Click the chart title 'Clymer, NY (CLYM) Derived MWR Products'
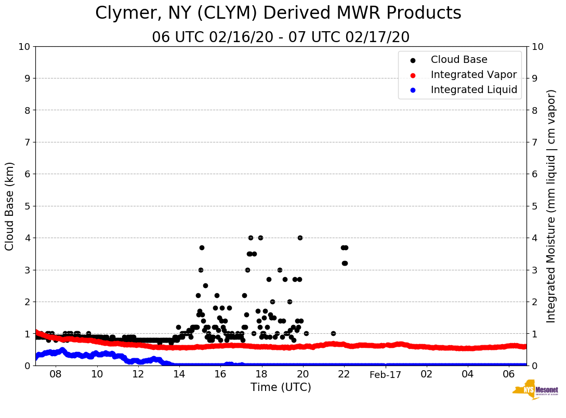coord(278,14)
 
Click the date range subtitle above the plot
coord(281,37)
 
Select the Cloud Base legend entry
coord(459,60)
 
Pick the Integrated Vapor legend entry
coord(473,75)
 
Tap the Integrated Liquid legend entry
coord(473,90)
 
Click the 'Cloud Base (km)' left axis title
coord(10,206)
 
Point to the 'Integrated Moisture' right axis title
coord(551,206)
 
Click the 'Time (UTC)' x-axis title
coord(281,387)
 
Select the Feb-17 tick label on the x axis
coord(385,375)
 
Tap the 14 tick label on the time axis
coord(179,374)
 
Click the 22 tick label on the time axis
coord(344,374)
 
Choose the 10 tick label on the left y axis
coord(24,47)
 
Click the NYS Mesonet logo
coord(535,391)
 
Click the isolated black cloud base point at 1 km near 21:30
coord(333,333)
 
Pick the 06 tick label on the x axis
coord(509,374)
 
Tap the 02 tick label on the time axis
coord(427,374)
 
